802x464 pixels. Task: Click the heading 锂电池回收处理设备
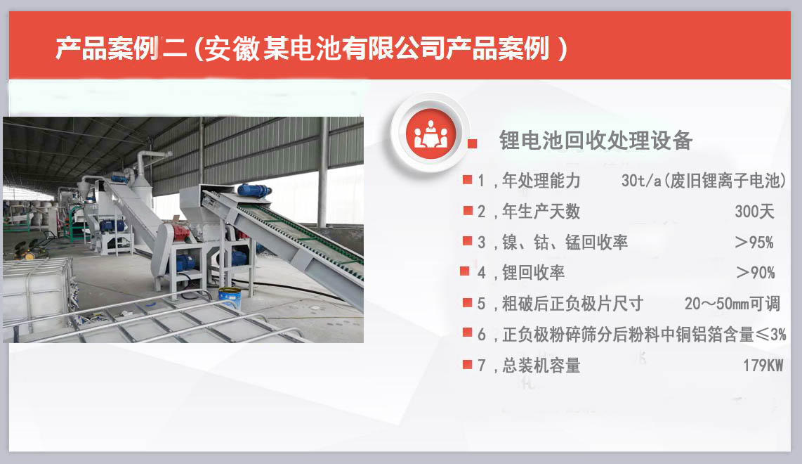pyautogui.click(x=596, y=141)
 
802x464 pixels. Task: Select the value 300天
pyautogui.click(x=754, y=212)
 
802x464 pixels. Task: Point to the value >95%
pyautogui.click(x=754, y=243)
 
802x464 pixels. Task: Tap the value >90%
pyautogui.click(x=755, y=273)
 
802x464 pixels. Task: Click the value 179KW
pyautogui.click(x=763, y=366)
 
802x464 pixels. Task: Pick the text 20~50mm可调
pyautogui.click(x=732, y=304)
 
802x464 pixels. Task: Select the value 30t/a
pyautogui.click(x=640, y=181)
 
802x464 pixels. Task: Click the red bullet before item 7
pyautogui.click(x=467, y=364)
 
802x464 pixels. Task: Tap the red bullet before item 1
pyautogui.click(x=467, y=180)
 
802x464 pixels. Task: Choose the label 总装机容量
pyautogui.click(x=541, y=366)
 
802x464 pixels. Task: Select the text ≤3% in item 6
pyautogui.click(x=770, y=335)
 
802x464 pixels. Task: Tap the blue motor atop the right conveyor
pyautogui.click(x=254, y=190)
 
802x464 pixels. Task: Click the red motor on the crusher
pyautogui.click(x=181, y=233)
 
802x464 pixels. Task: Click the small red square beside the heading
pyautogui.click(x=473, y=143)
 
